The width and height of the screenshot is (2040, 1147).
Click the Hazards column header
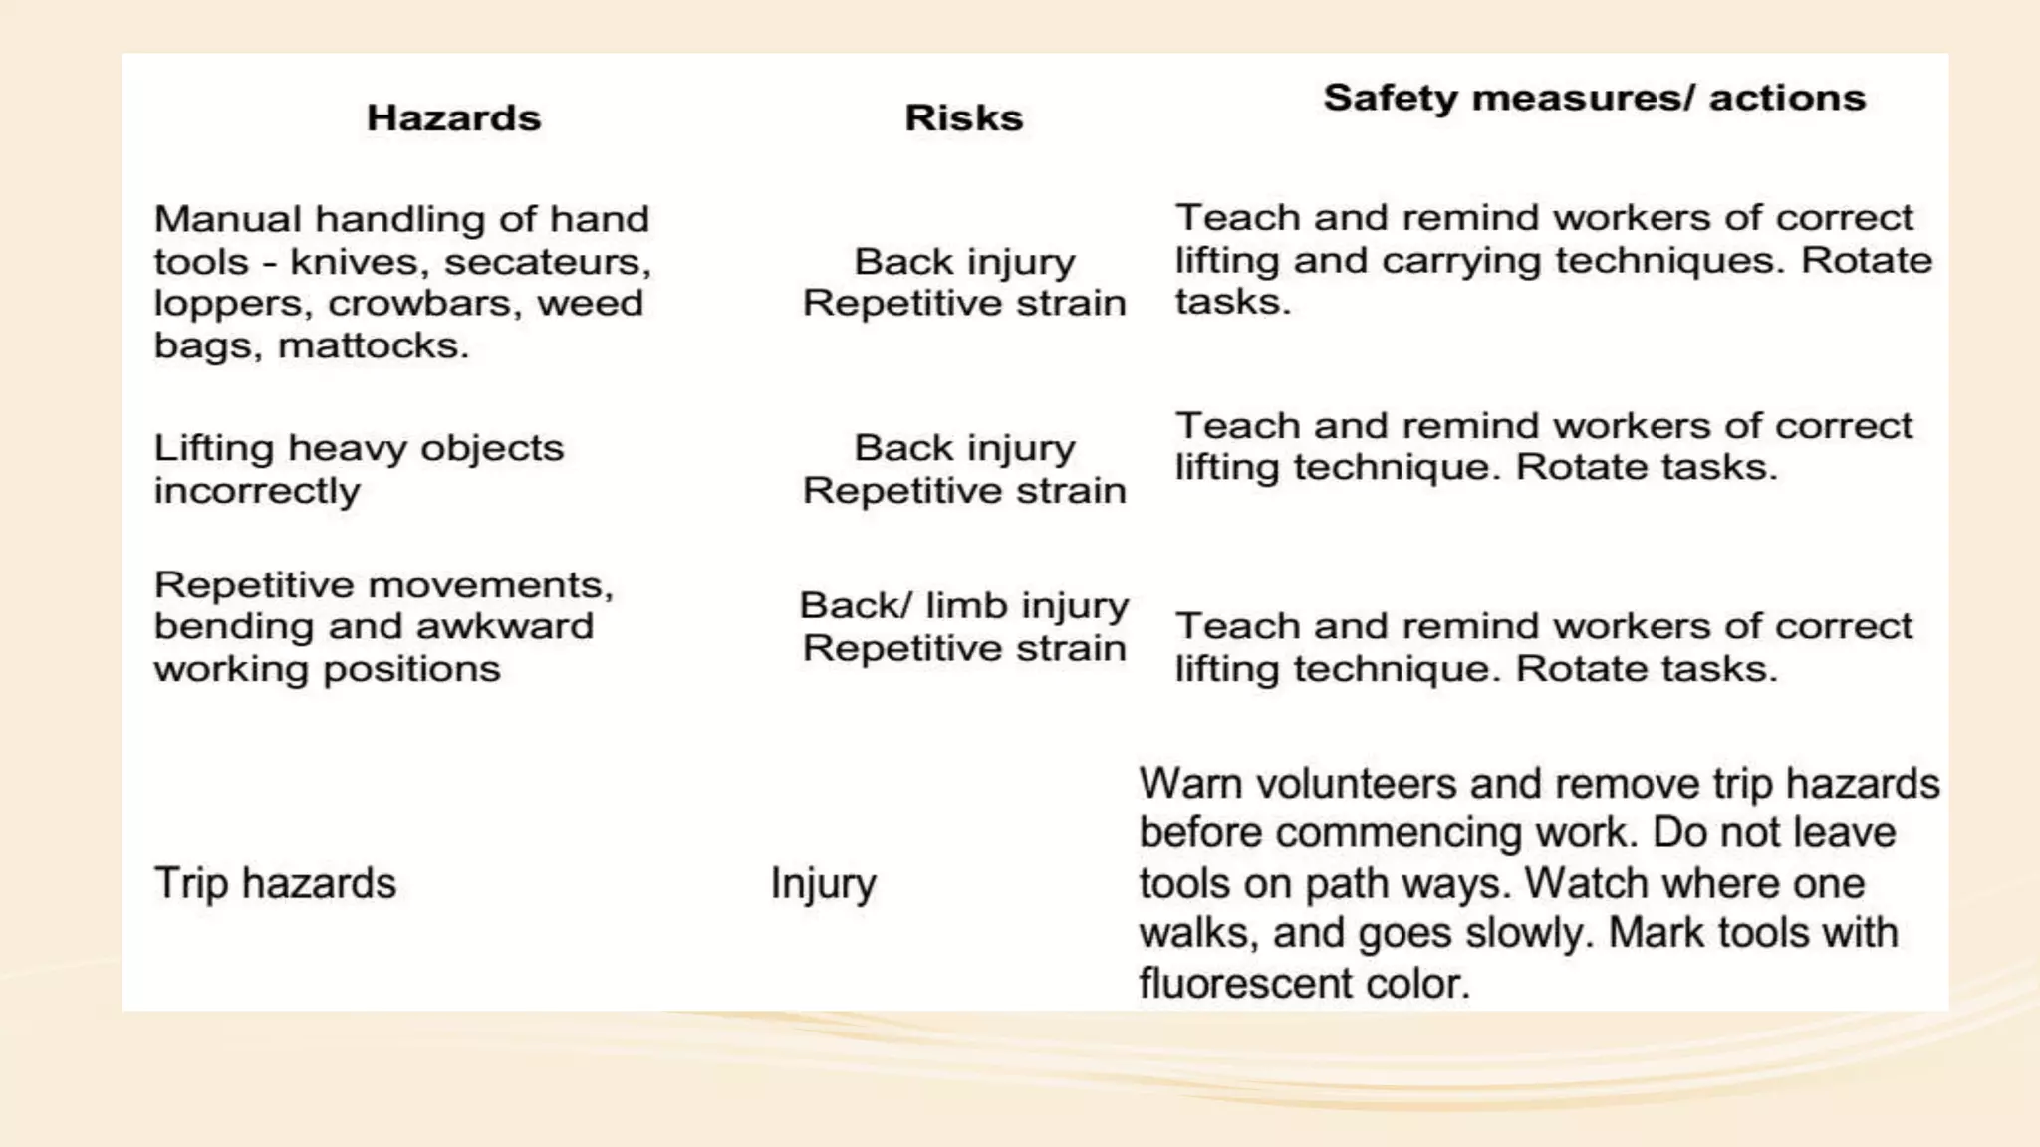pyautogui.click(x=453, y=118)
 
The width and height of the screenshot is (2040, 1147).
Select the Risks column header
pyautogui.click(x=963, y=118)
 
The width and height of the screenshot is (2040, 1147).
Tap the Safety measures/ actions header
pyautogui.click(x=1594, y=98)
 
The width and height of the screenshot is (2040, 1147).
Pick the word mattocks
pyautogui.click(x=373, y=345)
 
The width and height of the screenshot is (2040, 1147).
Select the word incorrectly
pyautogui.click(x=257, y=491)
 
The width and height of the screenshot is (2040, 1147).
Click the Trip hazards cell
pyautogui.click(x=275, y=883)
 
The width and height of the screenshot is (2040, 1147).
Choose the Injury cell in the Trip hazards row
pyautogui.click(x=823, y=883)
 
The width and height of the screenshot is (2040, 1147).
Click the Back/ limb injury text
pyautogui.click(x=963, y=605)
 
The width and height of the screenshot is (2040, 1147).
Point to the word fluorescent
pyautogui.click(x=1245, y=984)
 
